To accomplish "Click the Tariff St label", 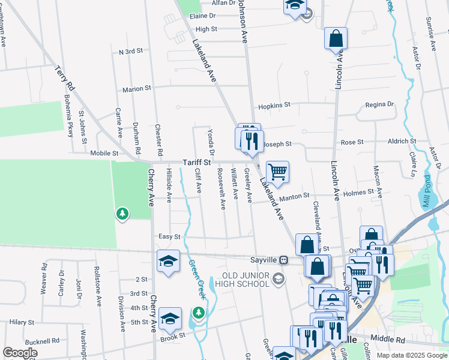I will (197, 162).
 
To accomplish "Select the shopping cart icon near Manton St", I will (277, 172).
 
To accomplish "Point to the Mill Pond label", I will (427, 191).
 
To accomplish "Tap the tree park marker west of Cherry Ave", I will (122, 213).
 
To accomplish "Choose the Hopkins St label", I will (274, 105).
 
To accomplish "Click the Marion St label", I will (137, 89).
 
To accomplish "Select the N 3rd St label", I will (130, 52).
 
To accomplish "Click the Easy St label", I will (169, 237).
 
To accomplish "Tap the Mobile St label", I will (104, 153).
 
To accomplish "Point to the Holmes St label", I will (358, 193).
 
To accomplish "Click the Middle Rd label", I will (388, 339).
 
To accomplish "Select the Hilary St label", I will (22, 322).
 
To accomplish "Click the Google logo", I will (20, 353).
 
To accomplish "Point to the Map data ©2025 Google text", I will (411, 355).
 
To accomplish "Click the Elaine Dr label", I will (202, 16).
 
